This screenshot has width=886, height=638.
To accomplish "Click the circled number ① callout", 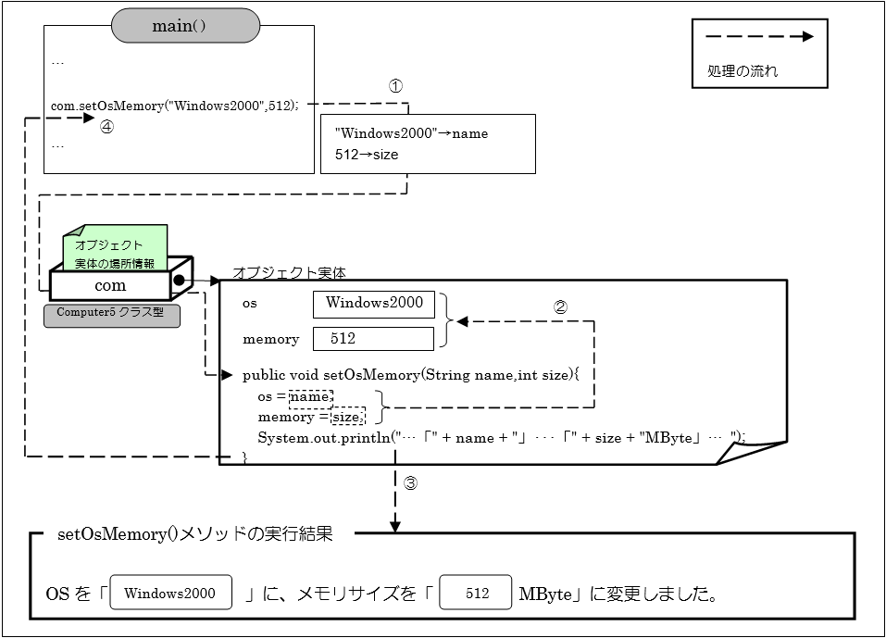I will click(x=395, y=85).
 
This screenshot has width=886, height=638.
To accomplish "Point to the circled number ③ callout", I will click(x=412, y=482).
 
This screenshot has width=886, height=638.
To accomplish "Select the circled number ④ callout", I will click(x=107, y=129).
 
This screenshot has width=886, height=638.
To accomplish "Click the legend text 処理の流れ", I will click(x=742, y=70).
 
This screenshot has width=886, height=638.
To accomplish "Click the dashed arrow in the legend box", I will click(x=759, y=37).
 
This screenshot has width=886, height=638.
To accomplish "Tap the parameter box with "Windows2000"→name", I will click(x=428, y=144).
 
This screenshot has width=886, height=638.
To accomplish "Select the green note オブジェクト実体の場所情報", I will click(x=115, y=251).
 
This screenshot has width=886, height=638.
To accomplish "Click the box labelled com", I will click(x=110, y=285).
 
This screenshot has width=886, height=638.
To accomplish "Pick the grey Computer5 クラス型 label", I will click(x=111, y=313).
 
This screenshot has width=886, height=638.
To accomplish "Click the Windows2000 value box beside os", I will click(x=374, y=304).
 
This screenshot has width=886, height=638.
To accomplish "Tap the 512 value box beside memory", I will click(x=373, y=339).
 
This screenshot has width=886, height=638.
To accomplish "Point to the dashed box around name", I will click(x=310, y=397).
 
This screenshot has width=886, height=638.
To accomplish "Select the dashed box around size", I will click(x=349, y=418).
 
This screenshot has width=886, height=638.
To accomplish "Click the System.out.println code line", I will click(x=500, y=437).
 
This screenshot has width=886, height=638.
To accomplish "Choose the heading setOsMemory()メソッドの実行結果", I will click(x=194, y=534).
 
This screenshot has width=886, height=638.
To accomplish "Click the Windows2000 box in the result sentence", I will click(x=170, y=594).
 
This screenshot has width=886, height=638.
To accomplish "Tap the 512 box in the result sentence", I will click(x=476, y=594).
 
